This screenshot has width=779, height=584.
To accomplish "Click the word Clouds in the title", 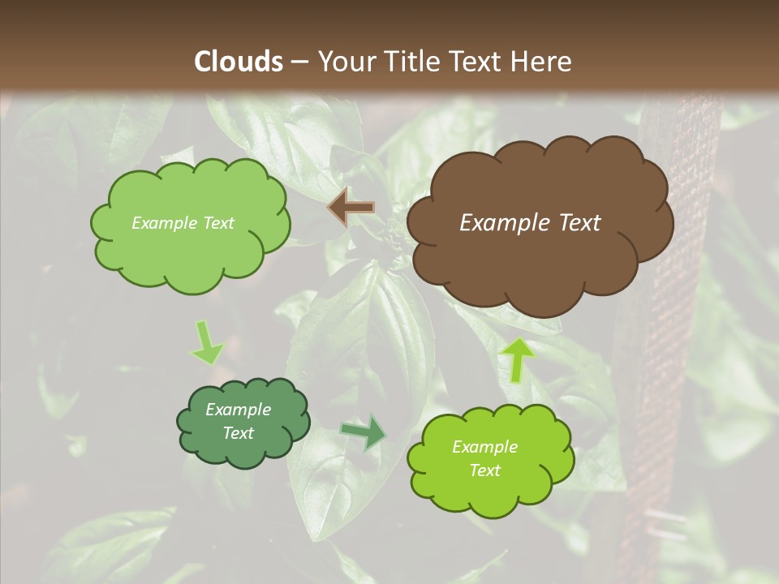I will tap(238, 61).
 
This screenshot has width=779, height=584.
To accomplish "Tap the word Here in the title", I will tap(543, 61).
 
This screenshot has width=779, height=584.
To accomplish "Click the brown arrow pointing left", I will tap(351, 208).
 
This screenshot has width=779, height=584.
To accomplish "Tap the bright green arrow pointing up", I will tap(517, 359).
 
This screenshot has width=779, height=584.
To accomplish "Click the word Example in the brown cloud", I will tap(503, 223).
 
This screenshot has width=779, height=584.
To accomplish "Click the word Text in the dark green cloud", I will tap(239, 433).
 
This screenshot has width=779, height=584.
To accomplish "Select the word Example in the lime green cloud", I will tap(484, 447).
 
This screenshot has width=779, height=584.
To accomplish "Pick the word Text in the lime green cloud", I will tap(484, 470).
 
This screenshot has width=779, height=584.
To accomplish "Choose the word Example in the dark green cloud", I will tap(238, 410).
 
